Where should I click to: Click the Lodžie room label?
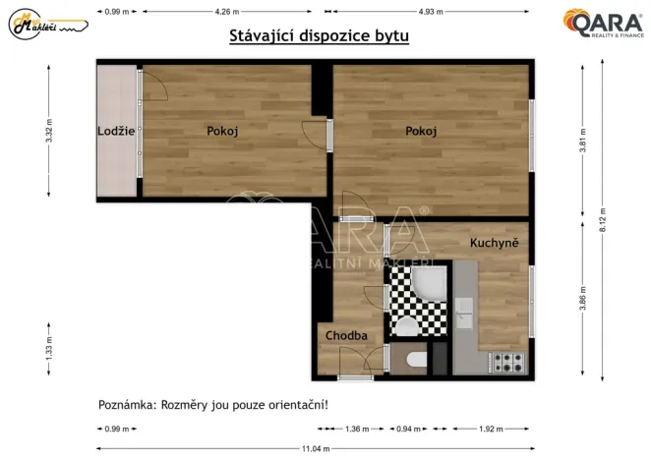[116, 131]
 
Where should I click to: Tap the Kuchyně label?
[494, 243]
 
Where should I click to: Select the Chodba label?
[346, 335]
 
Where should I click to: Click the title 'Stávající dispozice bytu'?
[319, 36]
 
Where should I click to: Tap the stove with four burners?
[508, 363]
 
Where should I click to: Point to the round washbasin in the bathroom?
[406, 326]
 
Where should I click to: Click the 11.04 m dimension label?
[315, 448]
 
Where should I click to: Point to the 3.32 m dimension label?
[49, 131]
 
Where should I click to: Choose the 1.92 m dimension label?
[491, 429]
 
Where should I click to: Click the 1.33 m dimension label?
[49, 349]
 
